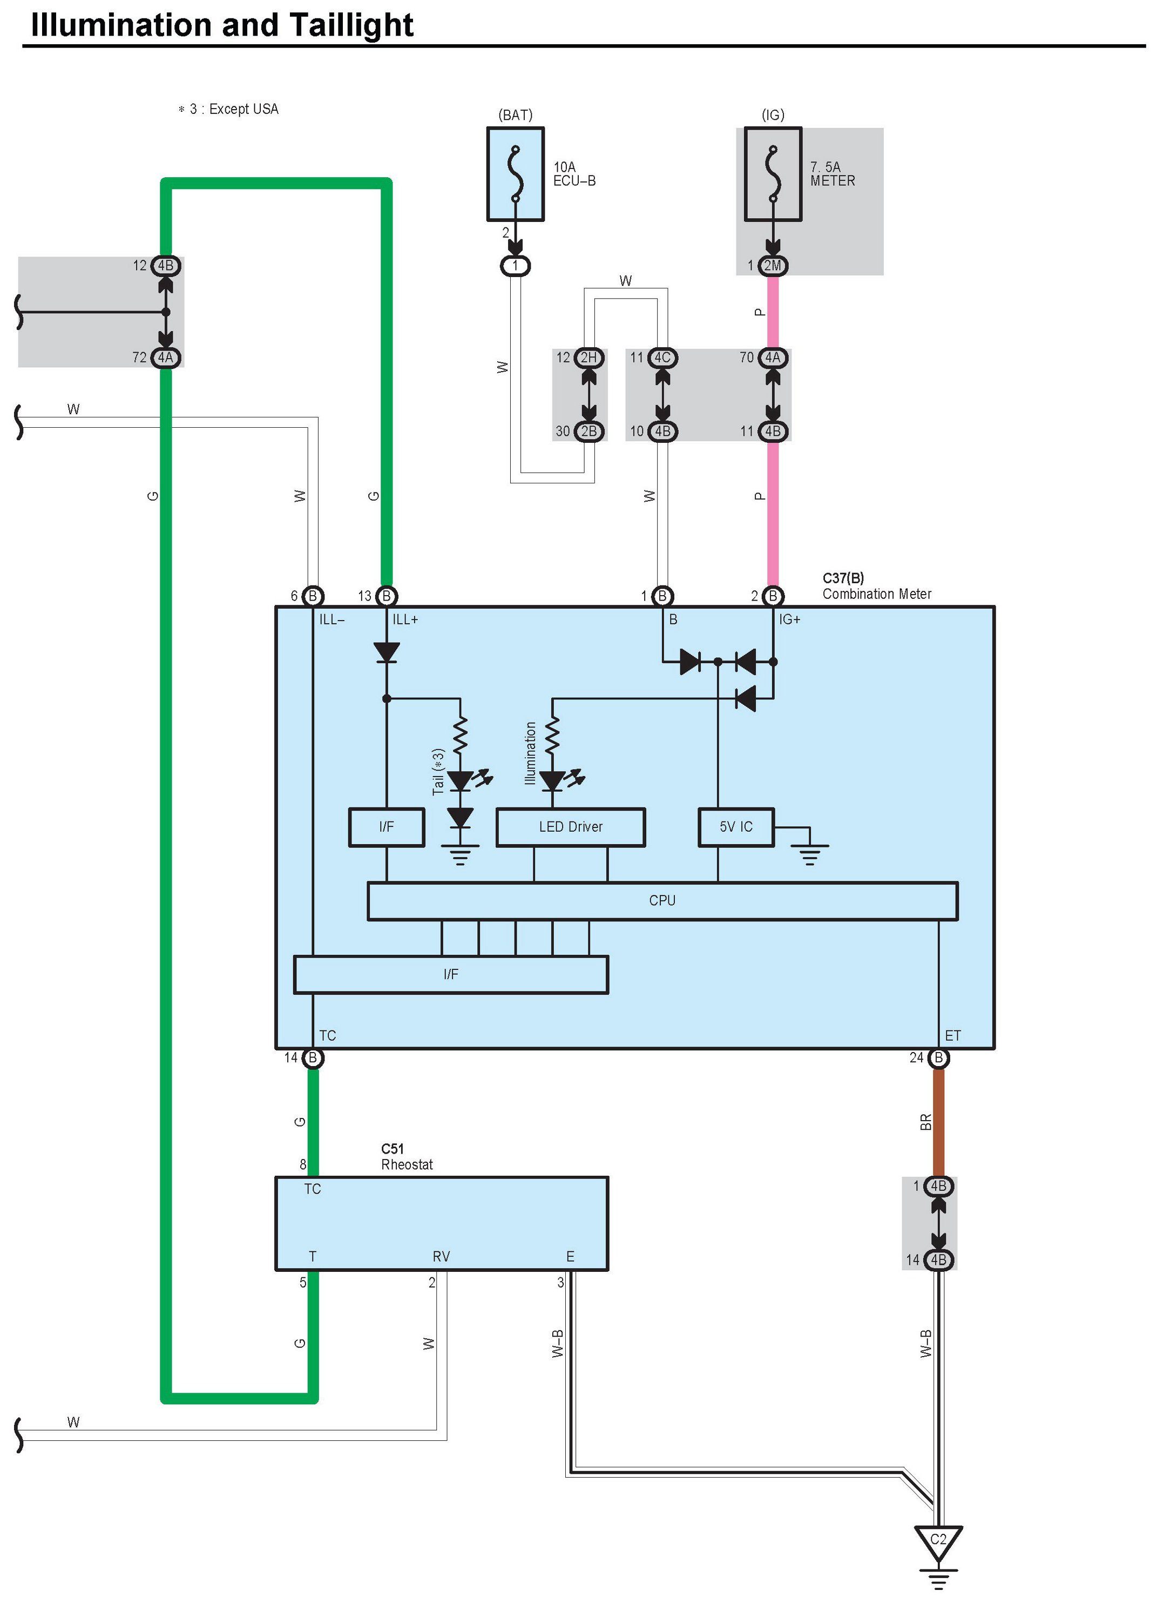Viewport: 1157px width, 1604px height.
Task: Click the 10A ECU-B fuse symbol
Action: [515, 174]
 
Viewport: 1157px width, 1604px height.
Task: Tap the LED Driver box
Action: [570, 827]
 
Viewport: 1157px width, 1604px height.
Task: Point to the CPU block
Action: [662, 901]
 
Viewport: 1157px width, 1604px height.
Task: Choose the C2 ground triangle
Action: [938, 1542]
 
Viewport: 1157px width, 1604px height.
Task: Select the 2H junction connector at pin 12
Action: [588, 358]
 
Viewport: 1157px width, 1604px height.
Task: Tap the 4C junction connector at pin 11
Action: [662, 358]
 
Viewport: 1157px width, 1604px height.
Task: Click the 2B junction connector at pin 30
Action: [588, 432]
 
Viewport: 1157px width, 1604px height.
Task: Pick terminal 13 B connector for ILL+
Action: [386, 596]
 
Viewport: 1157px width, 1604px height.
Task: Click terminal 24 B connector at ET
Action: [938, 1058]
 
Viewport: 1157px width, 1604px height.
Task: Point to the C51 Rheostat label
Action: [406, 1157]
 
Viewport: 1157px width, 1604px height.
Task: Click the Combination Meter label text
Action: [876, 594]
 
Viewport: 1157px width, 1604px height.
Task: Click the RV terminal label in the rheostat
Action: [441, 1257]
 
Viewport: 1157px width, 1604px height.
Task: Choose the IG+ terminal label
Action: [789, 619]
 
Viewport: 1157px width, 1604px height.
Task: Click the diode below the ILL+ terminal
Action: [386, 651]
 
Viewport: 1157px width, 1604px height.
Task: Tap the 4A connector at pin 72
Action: [166, 358]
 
